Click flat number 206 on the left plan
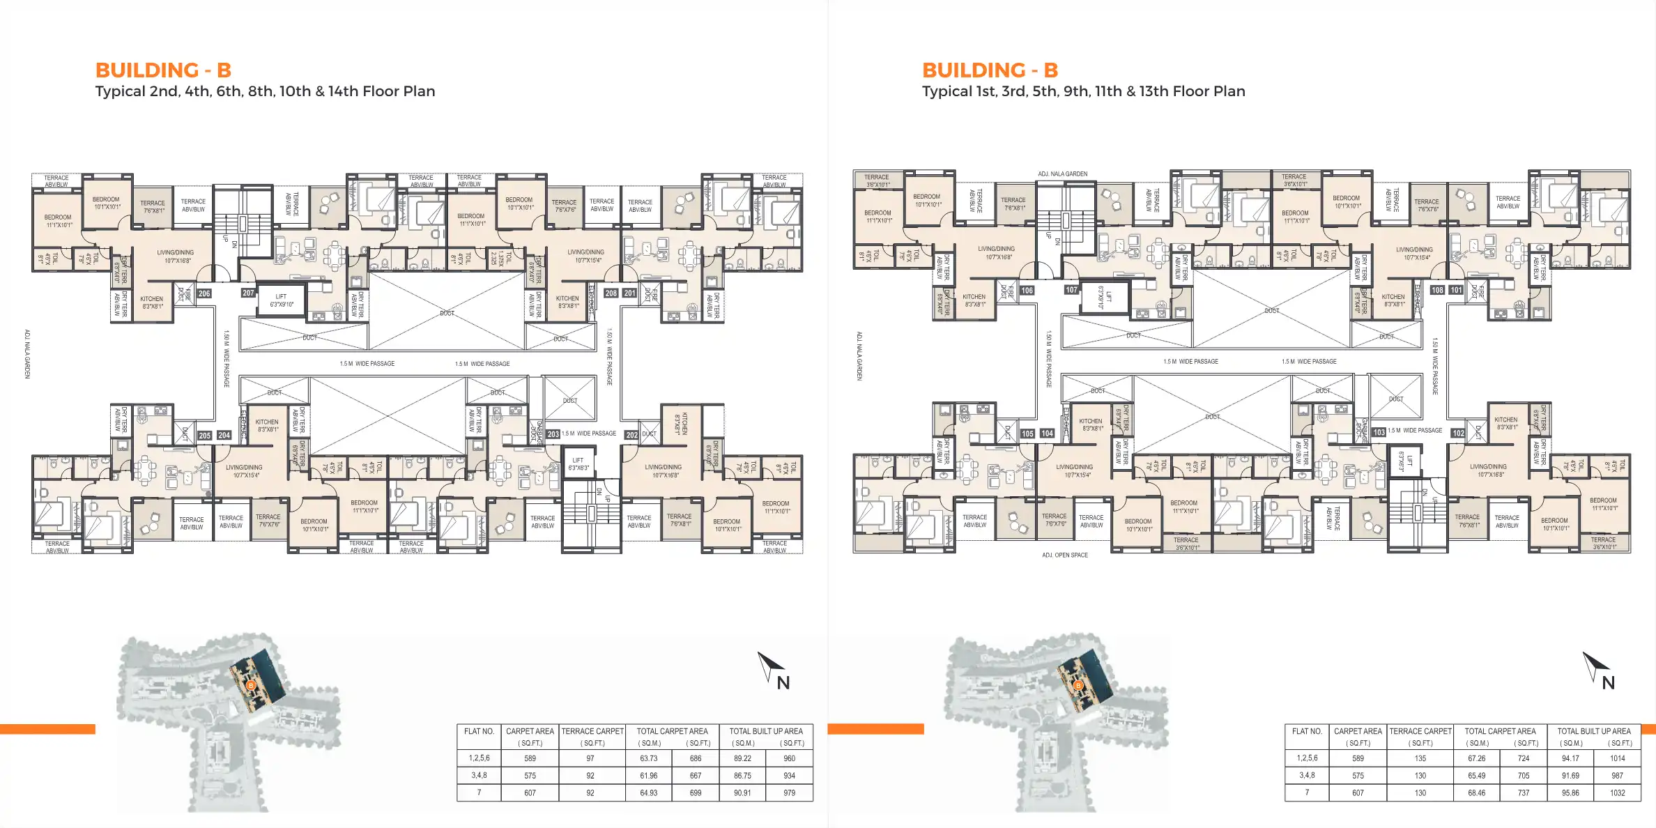[x=204, y=293]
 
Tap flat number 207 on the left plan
[x=248, y=293]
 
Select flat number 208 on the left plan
[x=611, y=293]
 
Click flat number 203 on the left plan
[x=553, y=434]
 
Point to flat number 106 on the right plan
[x=1027, y=290]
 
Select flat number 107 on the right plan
[x=1071, y=289]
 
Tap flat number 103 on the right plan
[x=1379, y=432]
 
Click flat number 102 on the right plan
[x=1458, y=433]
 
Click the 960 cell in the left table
[x=789, y=758]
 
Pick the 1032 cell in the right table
[x=1617, y=792]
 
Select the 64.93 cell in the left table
[x=648, y=792]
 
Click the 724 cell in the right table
[x=1524, y=758]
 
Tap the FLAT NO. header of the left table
[x=479, y=731]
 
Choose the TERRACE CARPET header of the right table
[x=1420, y=731]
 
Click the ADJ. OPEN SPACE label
[x=1065, y=555]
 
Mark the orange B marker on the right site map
[x=1078, y=686]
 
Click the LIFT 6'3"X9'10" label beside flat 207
[x=282, y=300]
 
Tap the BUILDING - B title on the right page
[x=990, y=70]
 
